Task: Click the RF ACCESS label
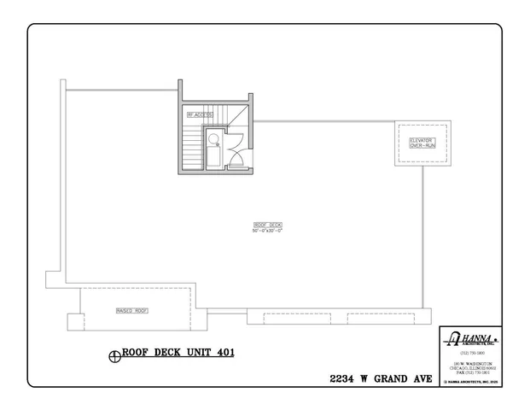pyautogui.click(x=200, y=114)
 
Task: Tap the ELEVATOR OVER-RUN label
pyautogui.click(x=422, y=143)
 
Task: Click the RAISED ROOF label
pyautogui.click(x=131, y=311)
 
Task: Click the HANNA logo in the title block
pyautogui.click(x=470, y=339)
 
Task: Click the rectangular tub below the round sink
pyautogui.click(x=212, y=157)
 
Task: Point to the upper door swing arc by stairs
pyautogui.click(x=238, y=138)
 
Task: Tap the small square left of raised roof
pyautogui.click(x=74, y=321)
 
